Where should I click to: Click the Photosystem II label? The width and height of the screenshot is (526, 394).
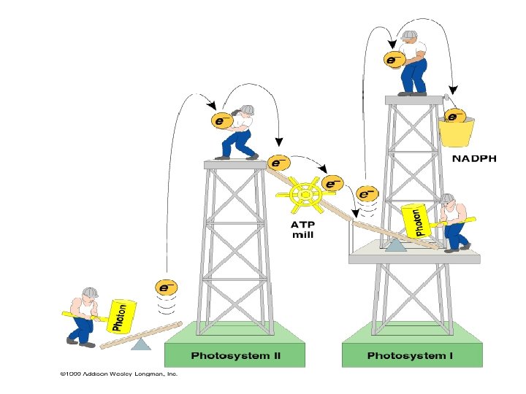(236, 356)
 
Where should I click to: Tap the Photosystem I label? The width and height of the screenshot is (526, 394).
(411, 356)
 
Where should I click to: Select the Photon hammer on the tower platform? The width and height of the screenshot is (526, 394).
(416, 220)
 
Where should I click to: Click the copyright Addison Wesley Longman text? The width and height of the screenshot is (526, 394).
(119, 375)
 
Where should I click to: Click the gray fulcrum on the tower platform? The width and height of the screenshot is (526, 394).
(397, 246)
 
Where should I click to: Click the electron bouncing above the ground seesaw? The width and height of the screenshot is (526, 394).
(167, 287)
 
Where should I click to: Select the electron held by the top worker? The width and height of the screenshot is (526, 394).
(394, 58)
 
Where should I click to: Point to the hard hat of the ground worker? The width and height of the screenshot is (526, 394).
(90, 293)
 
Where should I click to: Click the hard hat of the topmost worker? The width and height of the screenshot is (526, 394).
(409, 36)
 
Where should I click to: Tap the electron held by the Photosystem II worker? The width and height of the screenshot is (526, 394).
(221, 120)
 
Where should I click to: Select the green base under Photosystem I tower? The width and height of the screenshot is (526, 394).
(413, 345)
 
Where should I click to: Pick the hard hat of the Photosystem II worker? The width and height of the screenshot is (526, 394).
(248, 109)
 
